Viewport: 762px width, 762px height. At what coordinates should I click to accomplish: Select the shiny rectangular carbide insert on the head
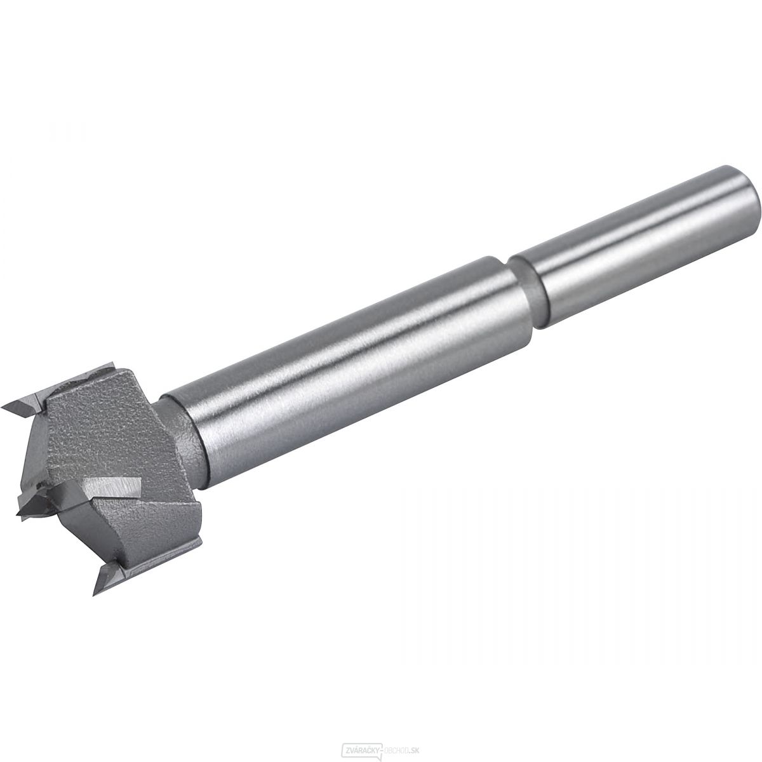point(114,487)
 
